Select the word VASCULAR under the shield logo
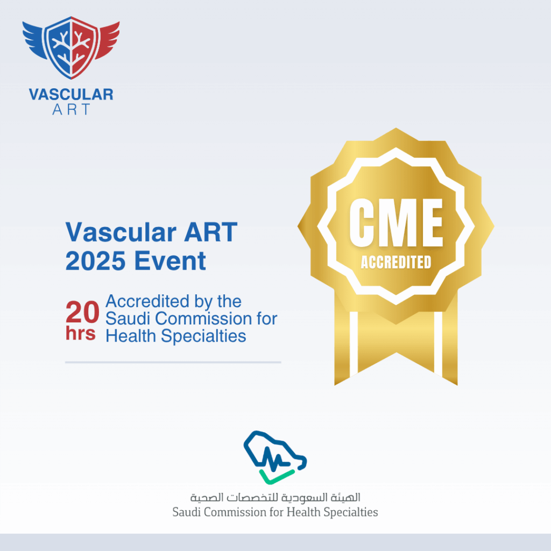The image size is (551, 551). click(x=71, y=95)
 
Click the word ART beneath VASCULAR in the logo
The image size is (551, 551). click(x=71, y=110)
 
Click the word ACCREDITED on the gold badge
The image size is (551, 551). click(x=395, y=262)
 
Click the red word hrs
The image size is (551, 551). click(x=81, y=334)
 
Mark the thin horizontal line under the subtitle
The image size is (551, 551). click(x=173, y=362)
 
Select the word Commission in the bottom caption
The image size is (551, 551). click(x=235, y=511)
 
